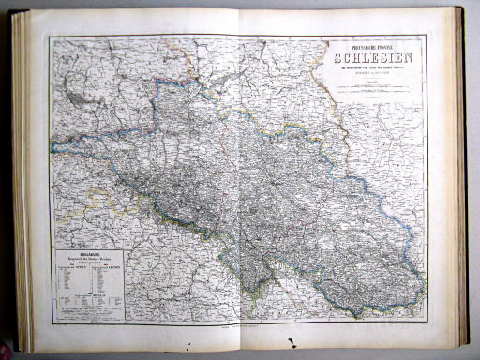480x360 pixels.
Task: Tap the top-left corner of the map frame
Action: click(x=51, y=37)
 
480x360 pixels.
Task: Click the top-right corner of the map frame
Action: click(x=427, y=36)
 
